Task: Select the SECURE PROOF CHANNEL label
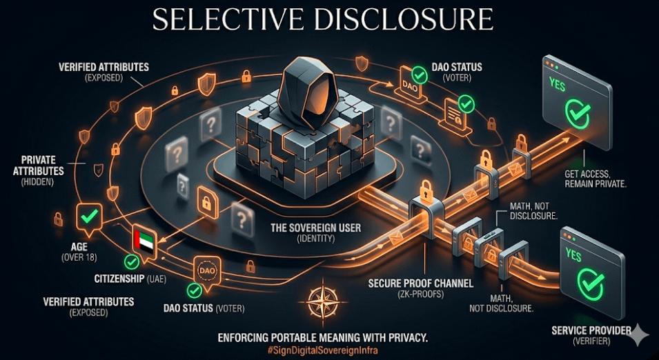(x=402, y=283)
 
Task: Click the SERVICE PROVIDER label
(x=591, y=330)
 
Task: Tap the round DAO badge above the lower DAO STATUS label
(x=208, y=270)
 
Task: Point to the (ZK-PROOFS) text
(x=402, y=294)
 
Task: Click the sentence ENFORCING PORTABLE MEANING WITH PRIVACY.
(x=323, y=337)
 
